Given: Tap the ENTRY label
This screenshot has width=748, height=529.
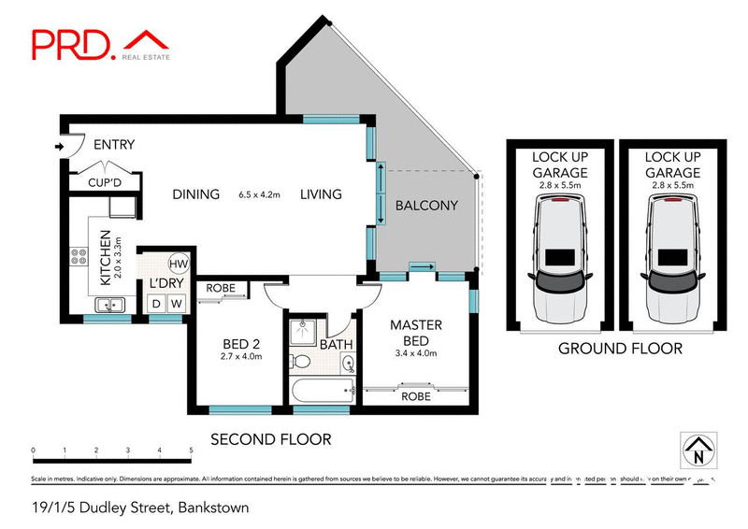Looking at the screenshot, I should coord(113,145).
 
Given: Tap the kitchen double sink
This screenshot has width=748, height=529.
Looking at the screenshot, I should coord(110,305).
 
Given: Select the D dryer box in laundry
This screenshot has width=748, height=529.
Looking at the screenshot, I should coord(157,304).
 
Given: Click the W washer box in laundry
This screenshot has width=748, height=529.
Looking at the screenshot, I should coord(177,304).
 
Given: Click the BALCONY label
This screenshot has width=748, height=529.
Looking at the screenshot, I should coord(426,206).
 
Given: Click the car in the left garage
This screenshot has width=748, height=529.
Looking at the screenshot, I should coord(559,261).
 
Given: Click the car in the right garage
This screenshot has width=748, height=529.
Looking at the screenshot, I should coord(671,261).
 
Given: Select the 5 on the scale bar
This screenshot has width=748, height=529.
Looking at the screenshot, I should coord(191,450).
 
